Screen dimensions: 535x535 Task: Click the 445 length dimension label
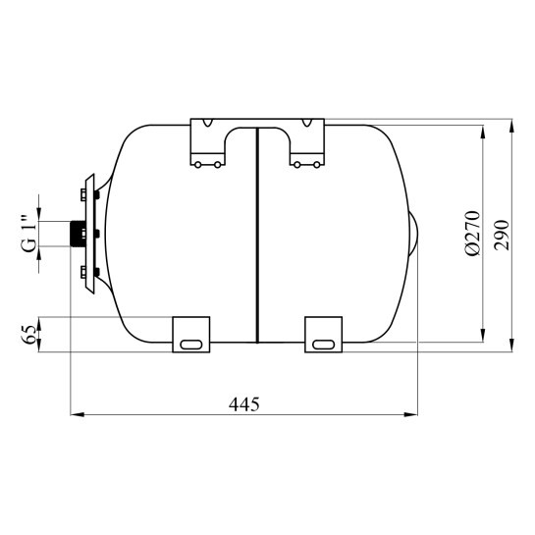click(x=244, y=404)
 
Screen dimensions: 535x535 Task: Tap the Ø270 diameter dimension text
click(x=472, y=233)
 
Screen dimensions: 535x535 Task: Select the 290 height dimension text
click(x=502, y=236)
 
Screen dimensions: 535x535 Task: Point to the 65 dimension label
click(x=29, y=335)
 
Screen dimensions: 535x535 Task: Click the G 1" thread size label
click(x=29, y=234)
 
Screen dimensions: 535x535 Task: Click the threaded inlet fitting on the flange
click(x=78, y=234)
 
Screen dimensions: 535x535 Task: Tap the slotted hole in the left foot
click(x=191, y=345)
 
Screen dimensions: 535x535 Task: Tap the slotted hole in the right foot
click(x=323, y=345)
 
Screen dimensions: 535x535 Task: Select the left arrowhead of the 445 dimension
click(x=78, y=414)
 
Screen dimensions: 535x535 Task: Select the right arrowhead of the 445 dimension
click(x=410, y=414)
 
